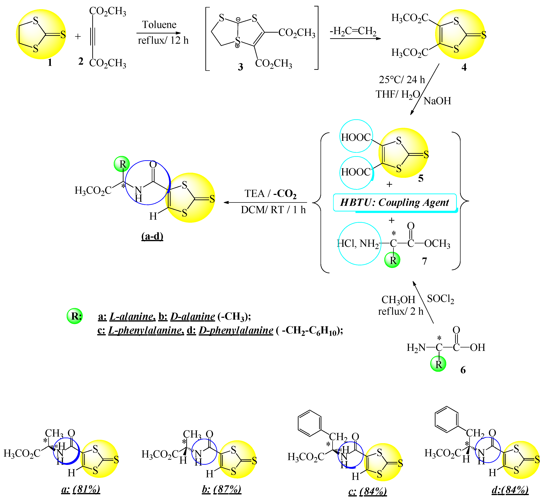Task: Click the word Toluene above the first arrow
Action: coord(159,25)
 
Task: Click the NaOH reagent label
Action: coord(437,101)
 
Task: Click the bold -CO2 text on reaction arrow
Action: coord(285,194)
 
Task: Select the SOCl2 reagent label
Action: coord(440,299)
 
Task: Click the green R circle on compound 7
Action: coord(392,260)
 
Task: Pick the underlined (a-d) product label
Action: coord(152,236)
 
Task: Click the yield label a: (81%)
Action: coord(81,489)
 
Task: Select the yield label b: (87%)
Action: coord(221,489)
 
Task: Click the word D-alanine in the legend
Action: coord(192,316)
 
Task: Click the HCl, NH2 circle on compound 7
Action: coord(360,243)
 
